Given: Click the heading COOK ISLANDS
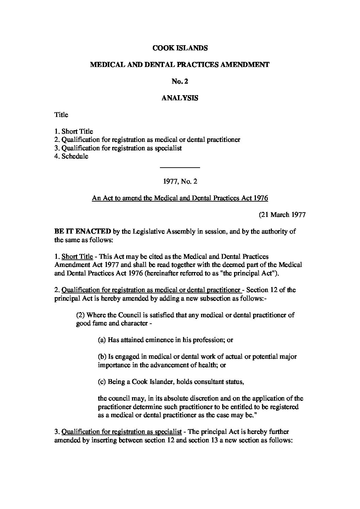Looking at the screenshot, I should [180, 48].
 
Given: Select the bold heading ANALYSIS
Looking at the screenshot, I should [180, 98].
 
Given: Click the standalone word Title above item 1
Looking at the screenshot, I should [61, 115].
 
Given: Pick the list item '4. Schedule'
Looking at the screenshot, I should [71, 156].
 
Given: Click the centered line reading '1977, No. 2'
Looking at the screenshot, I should [180, 182].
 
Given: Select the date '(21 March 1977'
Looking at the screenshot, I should [282, 215].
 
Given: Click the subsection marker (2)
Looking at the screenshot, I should [81, 315].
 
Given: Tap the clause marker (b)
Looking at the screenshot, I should [102, 357].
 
